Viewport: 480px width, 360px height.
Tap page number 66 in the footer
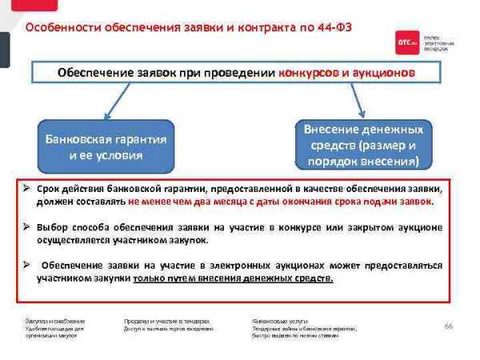[x=448, y=326]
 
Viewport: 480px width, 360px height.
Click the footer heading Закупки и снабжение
[x=54, y=320]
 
